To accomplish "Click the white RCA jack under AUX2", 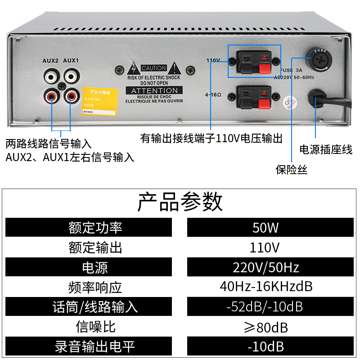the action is tap(52, 75).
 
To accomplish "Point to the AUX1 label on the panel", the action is tap(71, 60).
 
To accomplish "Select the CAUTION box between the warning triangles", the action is tap(154, 68).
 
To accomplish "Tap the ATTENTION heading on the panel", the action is tap(154, 91).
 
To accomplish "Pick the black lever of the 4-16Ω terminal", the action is tap(247, 102).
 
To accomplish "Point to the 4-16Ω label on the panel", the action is tap(213, 95).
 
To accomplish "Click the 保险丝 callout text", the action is tap(292, 170).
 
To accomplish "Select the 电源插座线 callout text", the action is tap(326, 150).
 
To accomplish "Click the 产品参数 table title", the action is tap(180, 202).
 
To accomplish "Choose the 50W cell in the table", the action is tap(265, 228).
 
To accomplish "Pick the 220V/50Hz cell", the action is tap(265, 267).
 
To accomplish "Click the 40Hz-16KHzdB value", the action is tap(265, 287).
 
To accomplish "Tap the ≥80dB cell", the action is tap(265, 327).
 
